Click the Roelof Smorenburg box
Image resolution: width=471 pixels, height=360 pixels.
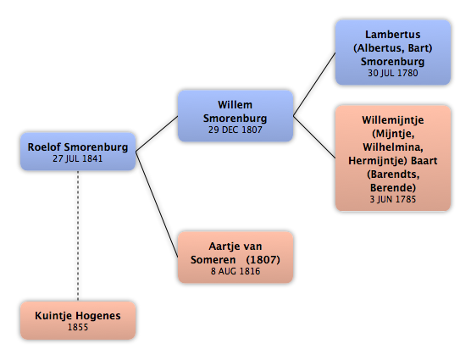point(78,152)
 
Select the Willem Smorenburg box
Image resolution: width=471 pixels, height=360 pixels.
point(235,116)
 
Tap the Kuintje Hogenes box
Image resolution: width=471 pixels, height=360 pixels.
point(78,320)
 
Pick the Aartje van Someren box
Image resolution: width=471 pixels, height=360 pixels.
point(235,258)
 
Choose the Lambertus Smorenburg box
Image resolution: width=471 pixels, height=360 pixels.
point(393,53)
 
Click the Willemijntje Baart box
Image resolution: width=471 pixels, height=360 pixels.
point(393,158)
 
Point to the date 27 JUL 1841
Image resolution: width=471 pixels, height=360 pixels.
point(78,158)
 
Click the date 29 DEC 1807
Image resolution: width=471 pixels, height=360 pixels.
point(235,130)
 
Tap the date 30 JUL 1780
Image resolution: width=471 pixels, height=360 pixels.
point(393,73)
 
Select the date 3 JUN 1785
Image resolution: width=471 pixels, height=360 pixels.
point(393,199)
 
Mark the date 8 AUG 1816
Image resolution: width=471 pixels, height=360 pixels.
point(235,271)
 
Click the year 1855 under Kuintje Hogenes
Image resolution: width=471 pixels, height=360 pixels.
point(78,327)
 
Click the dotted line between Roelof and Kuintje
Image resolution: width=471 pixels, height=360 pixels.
point(78,236)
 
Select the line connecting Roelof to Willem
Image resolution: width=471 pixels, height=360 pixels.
point(157,134)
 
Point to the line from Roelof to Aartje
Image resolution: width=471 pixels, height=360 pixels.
point(157,204)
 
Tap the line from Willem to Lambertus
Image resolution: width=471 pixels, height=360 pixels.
point(314,85)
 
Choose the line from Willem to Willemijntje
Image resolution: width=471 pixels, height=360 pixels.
point(314,137)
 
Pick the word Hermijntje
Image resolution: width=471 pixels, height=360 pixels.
point(378,161)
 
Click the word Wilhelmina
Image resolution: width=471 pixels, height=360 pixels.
point(393,147)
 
